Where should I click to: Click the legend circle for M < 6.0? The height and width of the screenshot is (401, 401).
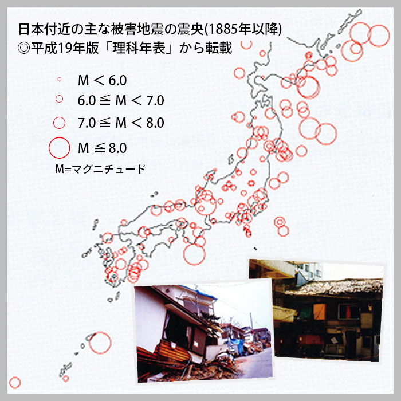60,79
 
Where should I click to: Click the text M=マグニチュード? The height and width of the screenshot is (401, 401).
100,169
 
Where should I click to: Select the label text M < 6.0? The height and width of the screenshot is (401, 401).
103,80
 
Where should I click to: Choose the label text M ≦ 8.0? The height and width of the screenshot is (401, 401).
103,148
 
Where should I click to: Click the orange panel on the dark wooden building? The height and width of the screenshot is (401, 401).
320,312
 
